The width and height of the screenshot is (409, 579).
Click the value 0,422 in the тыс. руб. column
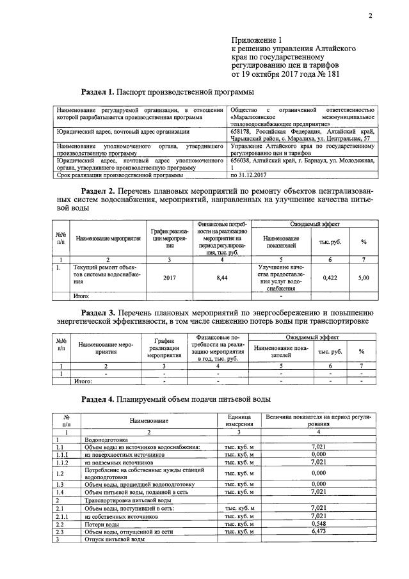click(x=330, y=278)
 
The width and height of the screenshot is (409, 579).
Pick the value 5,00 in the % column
click(x=364, y=278)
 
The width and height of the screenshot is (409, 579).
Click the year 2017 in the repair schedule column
click(x=169, y=278)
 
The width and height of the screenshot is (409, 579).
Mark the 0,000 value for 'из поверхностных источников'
click(x=318, y=454)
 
